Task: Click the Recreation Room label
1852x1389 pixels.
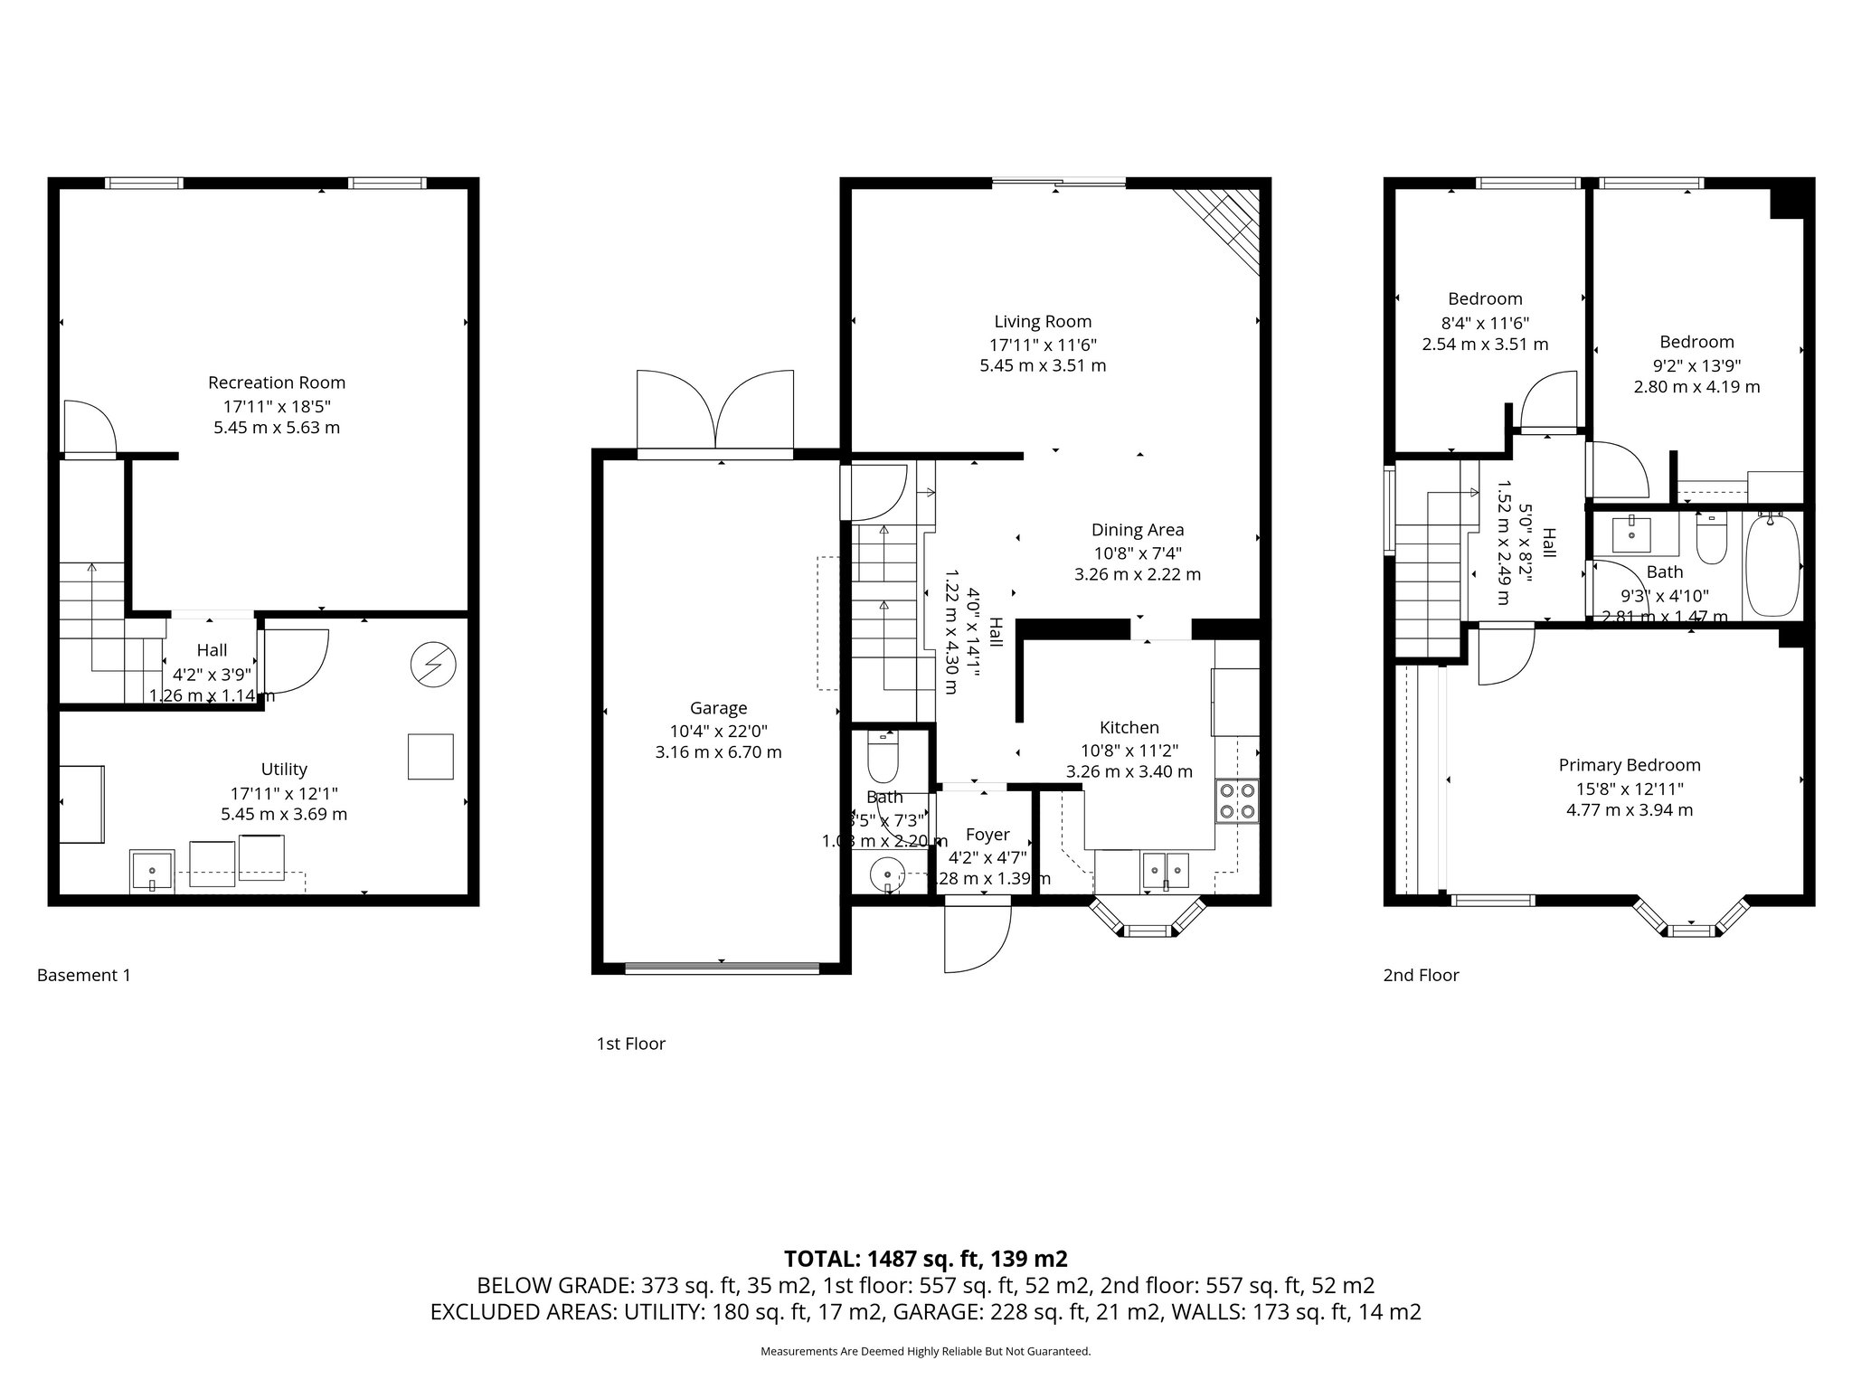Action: pyautogui.click(x=277, y=383)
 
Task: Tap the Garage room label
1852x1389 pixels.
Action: pyautogui.click(x=718, y=708)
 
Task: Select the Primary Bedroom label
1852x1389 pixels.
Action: pyautogui.click(x=1629, y=765)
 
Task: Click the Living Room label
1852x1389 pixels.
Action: pyautogui.click(x=1043, y=321)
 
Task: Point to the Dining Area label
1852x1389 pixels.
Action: pyautogui.click(x=1137, y=530)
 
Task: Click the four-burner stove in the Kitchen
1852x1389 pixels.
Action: pyautogui.click(x=1236, y=799)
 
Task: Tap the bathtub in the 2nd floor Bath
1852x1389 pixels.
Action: pyautogui.click(x=1772, y=565)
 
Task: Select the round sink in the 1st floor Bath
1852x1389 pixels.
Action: pyautogui.click(x=887, y=875)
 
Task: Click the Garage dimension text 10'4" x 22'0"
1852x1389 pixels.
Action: pyautogui.click(x=718, y=731)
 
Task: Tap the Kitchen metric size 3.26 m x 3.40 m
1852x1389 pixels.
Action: pyautogui.click(x=1129, y=772)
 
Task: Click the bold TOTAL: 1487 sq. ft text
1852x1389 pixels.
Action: pyautogui.click(x=925, y=1259)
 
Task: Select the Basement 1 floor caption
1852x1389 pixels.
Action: pyautogui.click(x=83, y=976)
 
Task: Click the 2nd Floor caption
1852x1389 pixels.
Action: pyautogui.click(x=1421, y=976)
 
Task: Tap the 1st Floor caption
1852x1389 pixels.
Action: pyautogui.click(x=630, y=1044)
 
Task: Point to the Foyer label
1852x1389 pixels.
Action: pyautogui.click(x=987, y=835)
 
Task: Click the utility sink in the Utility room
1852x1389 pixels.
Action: pyautogui.click(x=151, y=870)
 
